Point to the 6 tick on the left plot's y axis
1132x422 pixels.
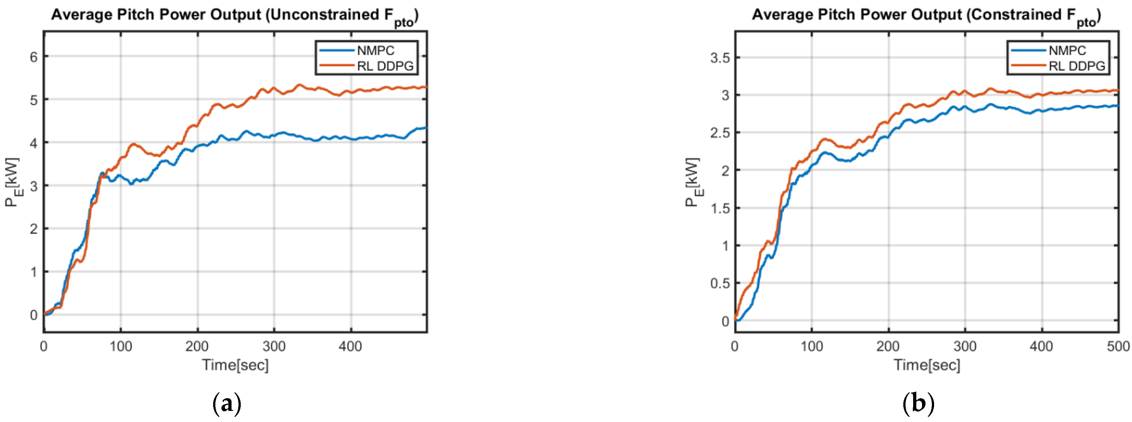pyautogui.click(x=33, y=57)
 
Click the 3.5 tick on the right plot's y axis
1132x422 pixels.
pyautogui.click(x=720, y=57)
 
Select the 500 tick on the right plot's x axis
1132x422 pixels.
pyautogui.click(x=1118, y=347)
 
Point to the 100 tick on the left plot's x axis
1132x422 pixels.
pyautogui.click(x=121, y=347)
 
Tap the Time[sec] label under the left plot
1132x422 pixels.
pyautogui.click(x=235, y=365)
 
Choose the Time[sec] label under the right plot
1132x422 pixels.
pyautogui.click(x=927, y=365)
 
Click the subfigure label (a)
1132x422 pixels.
pyautogui.click(x=227, y=403)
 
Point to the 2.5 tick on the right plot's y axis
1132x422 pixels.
pyautogui.click(x=720, y=133)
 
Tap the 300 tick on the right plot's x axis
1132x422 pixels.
pyautogui.click(x=965, y=347)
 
